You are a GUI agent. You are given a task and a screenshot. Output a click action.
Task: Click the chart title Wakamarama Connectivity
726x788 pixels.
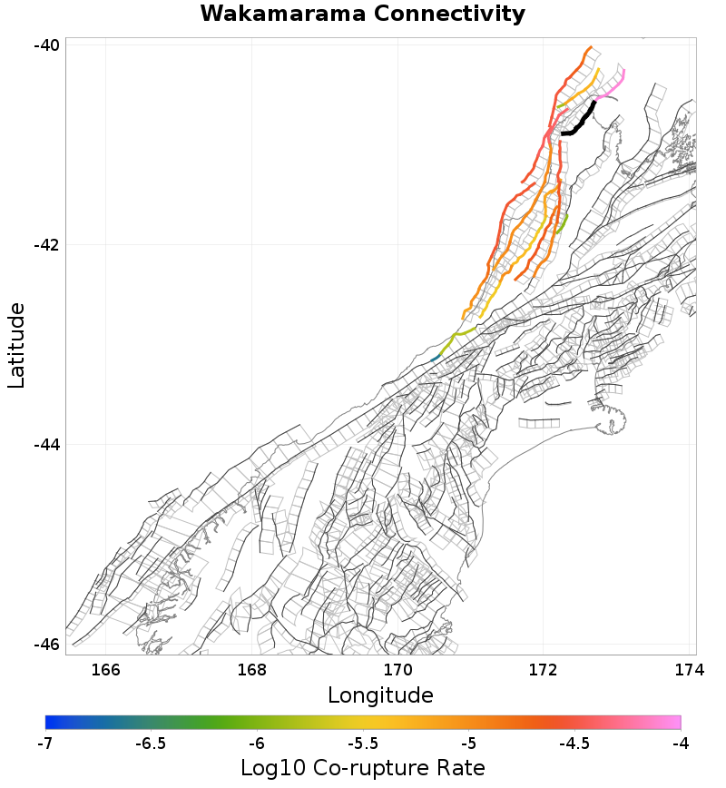pos(362,14)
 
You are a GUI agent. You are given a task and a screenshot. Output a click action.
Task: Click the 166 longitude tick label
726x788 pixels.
pos(106,671)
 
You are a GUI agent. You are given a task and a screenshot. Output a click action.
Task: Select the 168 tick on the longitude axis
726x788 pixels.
pos(251,671)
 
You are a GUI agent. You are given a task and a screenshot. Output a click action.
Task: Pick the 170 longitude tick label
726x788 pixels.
pos(397,671)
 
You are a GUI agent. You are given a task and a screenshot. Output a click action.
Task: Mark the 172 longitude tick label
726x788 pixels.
pos(543,671)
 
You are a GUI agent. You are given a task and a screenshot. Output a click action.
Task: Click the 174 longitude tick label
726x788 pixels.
pos(689,671)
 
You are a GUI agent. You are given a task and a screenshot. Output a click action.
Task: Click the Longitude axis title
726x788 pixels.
pos(380,696)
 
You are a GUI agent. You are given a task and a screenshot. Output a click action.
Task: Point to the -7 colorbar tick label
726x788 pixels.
pos(44,744)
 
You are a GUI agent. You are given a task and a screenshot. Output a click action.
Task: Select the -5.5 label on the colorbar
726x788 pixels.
pos(363,744)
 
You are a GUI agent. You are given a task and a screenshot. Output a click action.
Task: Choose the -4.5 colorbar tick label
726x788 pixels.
pos(574,744)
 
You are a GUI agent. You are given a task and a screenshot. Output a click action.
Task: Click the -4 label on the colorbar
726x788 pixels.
pos(680,744)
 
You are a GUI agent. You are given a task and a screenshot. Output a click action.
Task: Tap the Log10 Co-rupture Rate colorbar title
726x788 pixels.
pos(362,768)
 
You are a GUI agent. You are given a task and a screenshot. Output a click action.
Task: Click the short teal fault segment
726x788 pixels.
pos(436,359)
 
